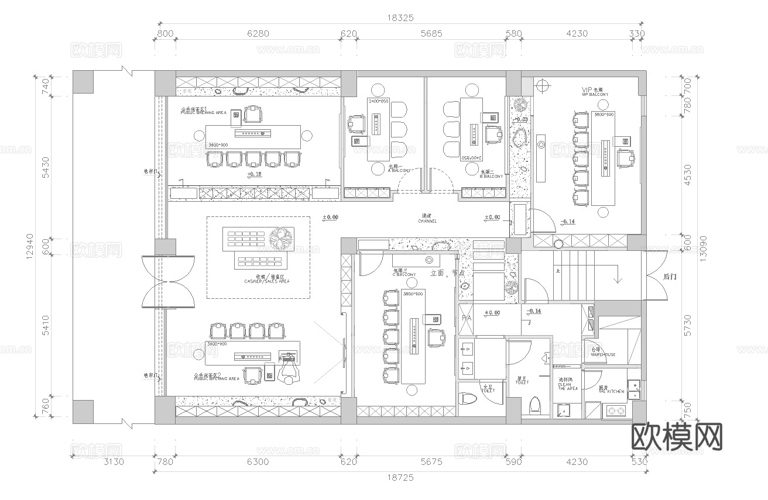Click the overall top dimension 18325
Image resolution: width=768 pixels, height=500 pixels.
(400, 18)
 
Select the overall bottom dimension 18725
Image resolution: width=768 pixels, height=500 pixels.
(400, 477)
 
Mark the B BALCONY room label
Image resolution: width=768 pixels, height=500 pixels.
(492, 174)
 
